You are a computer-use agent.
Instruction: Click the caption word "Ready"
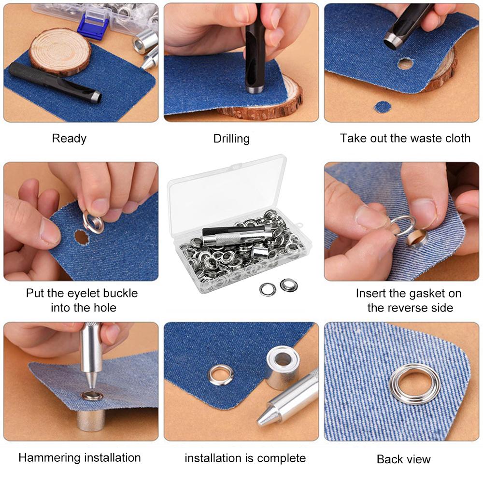coord(69,139)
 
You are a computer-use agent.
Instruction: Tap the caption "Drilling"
coord(231,139)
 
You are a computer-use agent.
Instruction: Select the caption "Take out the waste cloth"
coord(405,139)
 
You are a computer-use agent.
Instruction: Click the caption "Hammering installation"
coord(80,457)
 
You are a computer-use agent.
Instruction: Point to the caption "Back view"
coord(403,459)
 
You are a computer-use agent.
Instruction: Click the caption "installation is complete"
coord(245,458)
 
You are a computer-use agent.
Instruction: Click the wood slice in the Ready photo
coord(60,51)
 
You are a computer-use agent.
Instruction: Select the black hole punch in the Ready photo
coord(53,82)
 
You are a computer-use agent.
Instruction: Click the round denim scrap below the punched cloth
coord(383,107)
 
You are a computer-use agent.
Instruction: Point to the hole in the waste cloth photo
coord(405,64)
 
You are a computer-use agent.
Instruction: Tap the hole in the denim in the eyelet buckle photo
coord(81,237)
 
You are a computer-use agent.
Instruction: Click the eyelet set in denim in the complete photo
coord(221,375)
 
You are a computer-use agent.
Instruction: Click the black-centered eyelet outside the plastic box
coord(289,285)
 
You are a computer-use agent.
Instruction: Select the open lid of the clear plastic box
coord(227,191)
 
